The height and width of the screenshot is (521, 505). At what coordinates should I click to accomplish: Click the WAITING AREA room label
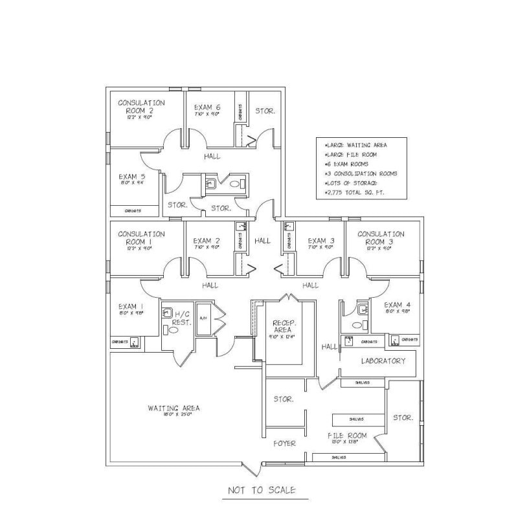click(x=174, y=408)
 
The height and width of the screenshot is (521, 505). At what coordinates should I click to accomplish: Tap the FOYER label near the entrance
click(x=284, y=443)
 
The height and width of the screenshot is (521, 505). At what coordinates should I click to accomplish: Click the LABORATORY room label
click(x=383, y=360)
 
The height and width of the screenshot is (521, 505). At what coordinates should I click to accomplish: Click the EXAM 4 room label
click(x=397, y=305)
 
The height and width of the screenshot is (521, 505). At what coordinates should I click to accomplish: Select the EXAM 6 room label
click(x=207, y=107)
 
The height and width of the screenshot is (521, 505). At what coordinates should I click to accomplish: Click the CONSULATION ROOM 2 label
click(x=141, y=107)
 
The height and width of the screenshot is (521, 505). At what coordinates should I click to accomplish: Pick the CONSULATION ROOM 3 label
click(x=381, y=238)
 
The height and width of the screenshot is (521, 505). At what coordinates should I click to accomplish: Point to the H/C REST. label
click(x=181, y=318)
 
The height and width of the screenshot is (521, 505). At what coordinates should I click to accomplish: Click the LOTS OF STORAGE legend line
click(x=353, y=183)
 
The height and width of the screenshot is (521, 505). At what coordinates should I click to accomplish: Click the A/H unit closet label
click(x=203, y=318)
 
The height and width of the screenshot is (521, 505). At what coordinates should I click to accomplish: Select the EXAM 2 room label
click(x=207, y=241)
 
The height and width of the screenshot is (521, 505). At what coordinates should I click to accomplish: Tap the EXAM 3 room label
click(x=320, y=241)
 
